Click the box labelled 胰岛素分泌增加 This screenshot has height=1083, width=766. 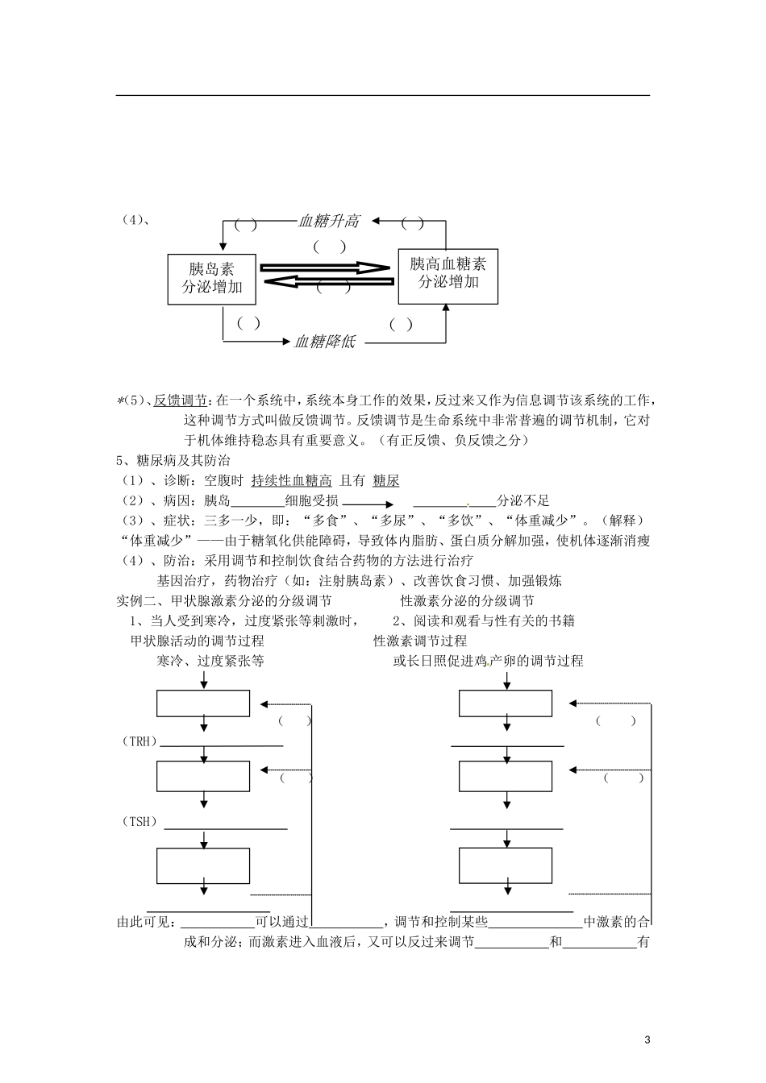point(211,279)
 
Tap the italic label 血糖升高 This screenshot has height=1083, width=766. point(328,221)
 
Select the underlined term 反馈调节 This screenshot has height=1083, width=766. point(181,400)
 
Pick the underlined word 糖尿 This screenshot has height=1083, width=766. point(385,481)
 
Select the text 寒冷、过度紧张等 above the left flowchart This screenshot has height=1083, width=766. point(210,661)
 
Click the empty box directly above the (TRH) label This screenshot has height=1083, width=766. point(203,703)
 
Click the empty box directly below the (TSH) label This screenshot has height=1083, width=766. point(203,866)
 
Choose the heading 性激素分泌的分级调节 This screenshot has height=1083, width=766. point(467,600)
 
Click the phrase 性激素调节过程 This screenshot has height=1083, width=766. point(420,641)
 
